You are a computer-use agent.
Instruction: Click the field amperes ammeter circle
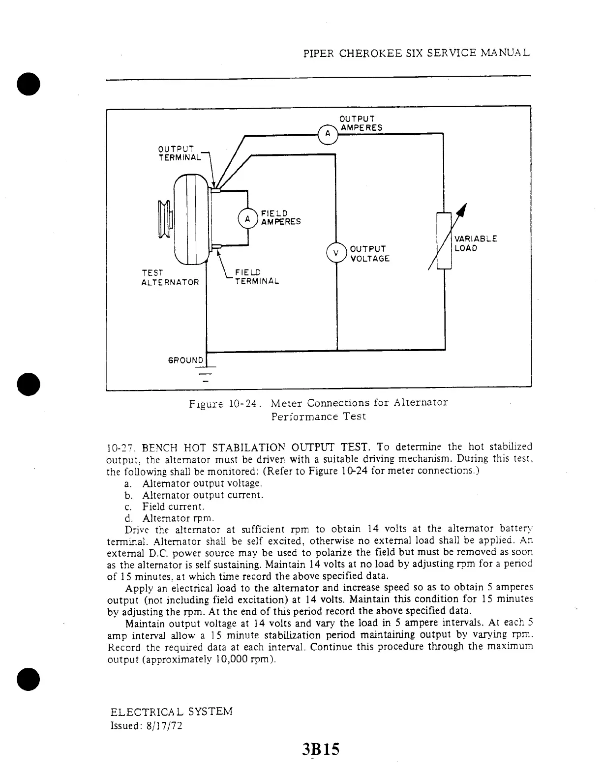point(247,217)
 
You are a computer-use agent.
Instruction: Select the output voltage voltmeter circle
point(336,253)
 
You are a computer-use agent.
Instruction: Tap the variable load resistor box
point(444,240)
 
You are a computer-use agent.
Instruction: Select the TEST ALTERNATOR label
point(170,277)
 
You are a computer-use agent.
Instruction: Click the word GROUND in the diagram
point(185,360)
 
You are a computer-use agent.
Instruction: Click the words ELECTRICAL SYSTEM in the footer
point(172,712)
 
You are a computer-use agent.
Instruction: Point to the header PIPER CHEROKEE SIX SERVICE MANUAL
point(417,53)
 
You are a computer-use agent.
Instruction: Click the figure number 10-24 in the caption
point(241,404)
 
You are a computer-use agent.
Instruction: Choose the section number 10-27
point(120,448)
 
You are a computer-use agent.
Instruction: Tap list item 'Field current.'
point(173,507)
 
